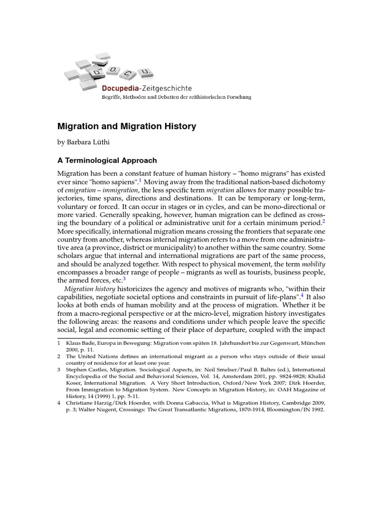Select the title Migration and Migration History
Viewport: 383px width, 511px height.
point(127,127)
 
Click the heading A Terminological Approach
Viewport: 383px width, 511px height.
point(107,161)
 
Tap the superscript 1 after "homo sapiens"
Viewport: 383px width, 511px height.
point(141,180)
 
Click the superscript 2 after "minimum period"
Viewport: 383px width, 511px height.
point(324,221)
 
